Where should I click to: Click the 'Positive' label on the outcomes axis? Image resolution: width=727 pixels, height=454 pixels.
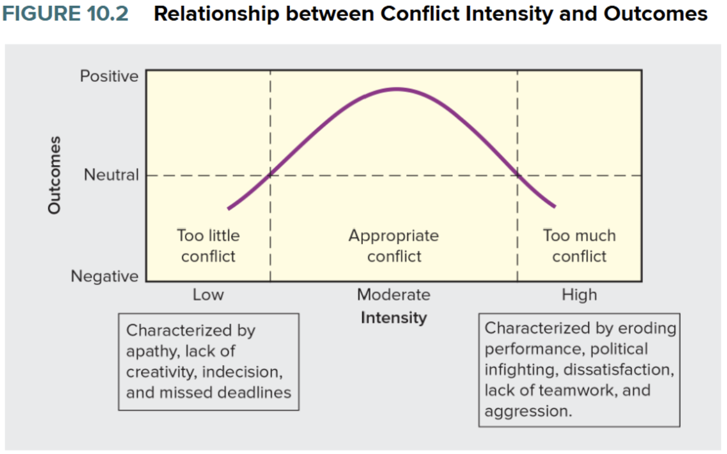[109, 76]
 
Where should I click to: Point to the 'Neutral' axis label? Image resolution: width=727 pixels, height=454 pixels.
[111, 174]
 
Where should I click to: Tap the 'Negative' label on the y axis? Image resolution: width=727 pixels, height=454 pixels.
[104, 276]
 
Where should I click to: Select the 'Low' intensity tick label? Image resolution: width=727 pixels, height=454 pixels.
[208, 295]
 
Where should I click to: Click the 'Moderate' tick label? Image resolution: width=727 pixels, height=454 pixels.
[393, 295]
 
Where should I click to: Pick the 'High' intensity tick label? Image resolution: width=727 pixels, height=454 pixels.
[579, 295]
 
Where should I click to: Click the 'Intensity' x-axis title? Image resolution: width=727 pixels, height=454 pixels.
[393, 317]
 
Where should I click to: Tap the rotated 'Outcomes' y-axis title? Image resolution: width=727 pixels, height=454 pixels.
[54, 174]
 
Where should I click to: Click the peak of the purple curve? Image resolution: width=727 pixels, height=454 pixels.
[396, 89]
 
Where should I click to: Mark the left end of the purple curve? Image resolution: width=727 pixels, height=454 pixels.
[229, 208]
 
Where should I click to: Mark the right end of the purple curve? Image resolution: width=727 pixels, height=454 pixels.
[554, 207]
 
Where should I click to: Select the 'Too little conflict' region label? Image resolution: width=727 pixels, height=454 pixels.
[208, 246]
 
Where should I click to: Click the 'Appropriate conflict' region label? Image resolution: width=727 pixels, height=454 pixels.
[393, 246]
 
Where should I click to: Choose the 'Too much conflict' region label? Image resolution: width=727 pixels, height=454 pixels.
[579, 246]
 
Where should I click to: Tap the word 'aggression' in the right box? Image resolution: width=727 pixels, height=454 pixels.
[526, 411]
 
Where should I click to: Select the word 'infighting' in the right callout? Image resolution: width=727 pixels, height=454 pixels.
[519, 369]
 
